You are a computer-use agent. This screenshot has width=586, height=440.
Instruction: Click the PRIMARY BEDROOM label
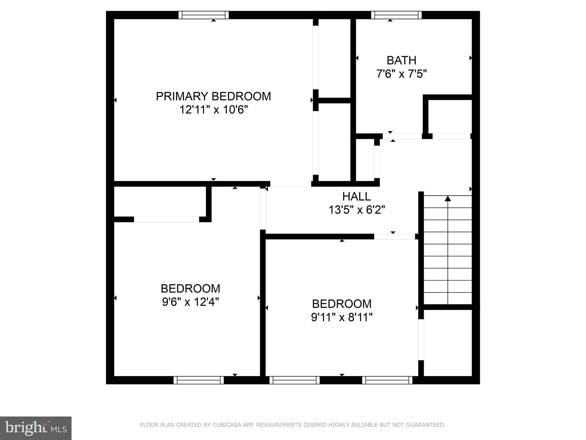click(213, 96)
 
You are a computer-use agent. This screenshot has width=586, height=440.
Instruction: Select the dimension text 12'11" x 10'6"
click(213, 110)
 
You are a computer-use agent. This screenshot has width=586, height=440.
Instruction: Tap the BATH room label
click(401, 60)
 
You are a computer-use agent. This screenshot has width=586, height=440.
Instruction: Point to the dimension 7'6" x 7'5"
click(401, 74)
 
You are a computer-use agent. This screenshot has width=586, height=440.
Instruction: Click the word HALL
click(357, 197)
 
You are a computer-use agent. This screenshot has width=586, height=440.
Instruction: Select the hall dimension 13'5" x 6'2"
click(357, 210)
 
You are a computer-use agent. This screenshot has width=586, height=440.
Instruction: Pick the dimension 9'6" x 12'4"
click(190, 302)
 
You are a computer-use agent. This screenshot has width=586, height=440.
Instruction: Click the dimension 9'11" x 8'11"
click(342, 317)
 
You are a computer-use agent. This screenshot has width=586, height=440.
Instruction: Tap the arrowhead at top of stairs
click(448, 198)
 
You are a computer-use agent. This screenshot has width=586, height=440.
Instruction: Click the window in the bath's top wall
click(396, 15)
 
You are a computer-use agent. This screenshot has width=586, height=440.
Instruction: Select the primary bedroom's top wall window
click(203, 15)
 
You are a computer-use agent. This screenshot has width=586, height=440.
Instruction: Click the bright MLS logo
click(36, 428)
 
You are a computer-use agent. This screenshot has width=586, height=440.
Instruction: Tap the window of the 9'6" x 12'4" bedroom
click(199, 380)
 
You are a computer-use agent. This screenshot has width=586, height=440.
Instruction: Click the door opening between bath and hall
click(402, 136)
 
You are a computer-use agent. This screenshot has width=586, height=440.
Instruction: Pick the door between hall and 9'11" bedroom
click(394, 237)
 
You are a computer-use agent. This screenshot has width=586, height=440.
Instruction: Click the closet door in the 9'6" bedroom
click(167, 219)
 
